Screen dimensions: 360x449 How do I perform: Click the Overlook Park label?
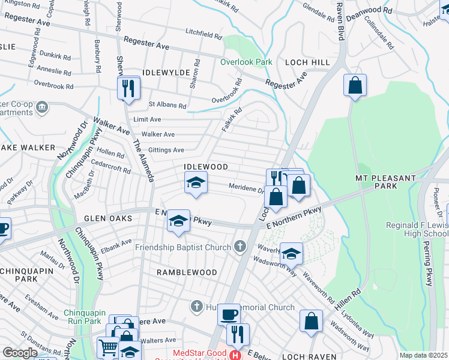pyautogui.click(x=246, y=62)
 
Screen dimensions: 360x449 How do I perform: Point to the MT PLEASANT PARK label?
pyautogui.click(x=385, y=182)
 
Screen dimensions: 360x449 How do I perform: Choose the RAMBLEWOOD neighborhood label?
pyautogui.click(x=187, y=272)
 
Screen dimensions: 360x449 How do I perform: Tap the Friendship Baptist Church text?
pyautogui.click(x=183, y=247)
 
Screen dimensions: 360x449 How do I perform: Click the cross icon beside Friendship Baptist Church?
pyautogui.click(x=240, y=246)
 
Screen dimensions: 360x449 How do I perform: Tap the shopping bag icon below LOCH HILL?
pyautogui.click(x=355, y=85)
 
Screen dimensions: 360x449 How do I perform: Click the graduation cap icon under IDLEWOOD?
pyautogui.click(x=195, y=183)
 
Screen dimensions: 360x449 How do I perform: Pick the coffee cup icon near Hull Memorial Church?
pyautogui.click(x=228, y=314)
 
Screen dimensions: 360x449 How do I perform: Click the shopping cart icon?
pyautogui.click(x=108, y=346)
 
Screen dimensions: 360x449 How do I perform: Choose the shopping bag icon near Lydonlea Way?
pyautogui.click(x=311, y=321)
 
